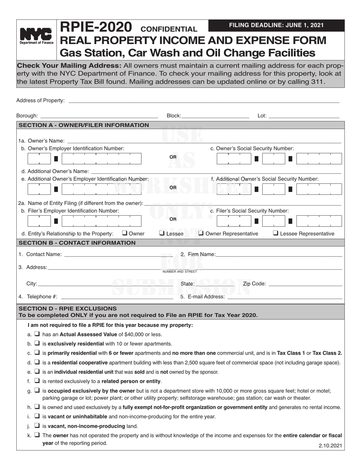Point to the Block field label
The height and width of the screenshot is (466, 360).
174,116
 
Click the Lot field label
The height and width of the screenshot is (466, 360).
262,116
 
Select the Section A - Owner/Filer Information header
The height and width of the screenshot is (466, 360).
84,125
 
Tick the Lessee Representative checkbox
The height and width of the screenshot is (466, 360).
275,233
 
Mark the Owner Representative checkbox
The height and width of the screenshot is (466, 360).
201,233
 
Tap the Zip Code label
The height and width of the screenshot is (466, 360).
254,283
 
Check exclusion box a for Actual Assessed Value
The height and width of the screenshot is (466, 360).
37,334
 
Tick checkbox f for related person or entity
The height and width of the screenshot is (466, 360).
37,381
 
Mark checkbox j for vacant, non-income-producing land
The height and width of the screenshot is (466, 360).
37,425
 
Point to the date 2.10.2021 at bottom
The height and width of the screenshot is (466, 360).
330,446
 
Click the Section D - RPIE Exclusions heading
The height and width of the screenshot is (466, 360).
68,308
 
